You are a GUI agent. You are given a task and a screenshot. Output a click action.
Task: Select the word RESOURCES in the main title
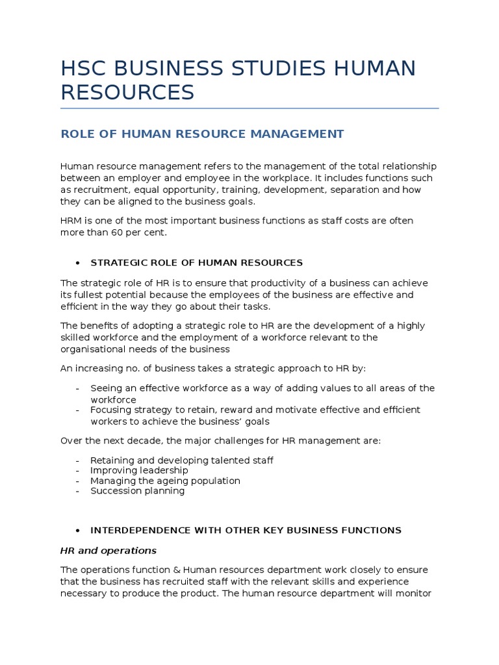pyautogui.click(x=127, y=92)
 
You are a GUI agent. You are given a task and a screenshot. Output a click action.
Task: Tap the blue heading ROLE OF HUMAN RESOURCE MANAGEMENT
pyautogui.click(x=202, y=134)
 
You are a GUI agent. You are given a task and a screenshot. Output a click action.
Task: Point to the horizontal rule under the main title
pyautogui.click(x=249, y=108)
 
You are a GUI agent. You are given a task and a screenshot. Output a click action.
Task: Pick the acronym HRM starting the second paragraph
pyautogui.click(x=71, y=221)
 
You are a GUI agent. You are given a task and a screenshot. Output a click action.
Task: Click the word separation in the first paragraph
pyautogui.click(x=359, y=190)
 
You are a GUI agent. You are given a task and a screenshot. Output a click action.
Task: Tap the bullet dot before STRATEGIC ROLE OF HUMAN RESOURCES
pyautogui.click(x=78, y=263)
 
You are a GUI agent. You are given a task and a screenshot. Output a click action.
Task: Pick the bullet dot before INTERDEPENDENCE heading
pyautogui.click(x=78, y=531)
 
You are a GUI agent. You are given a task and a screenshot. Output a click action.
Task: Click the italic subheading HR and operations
pyautogui.click(x=109, y=550)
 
